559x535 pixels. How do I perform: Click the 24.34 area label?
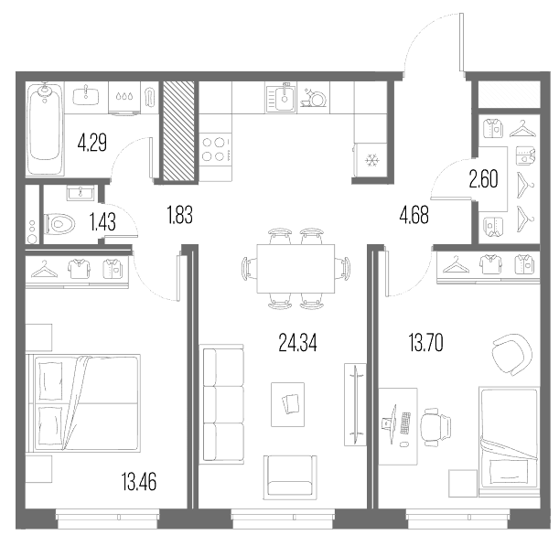(297, 343)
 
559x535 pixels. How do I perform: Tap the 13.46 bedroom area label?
(139, 482)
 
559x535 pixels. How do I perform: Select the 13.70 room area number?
(426, 343)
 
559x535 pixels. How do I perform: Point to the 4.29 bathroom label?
(92, 143)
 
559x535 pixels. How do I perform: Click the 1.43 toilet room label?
(102, 221)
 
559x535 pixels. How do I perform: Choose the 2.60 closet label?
(483, 179)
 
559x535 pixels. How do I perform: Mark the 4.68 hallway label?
(414, 216)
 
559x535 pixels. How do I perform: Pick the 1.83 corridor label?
(179, 215)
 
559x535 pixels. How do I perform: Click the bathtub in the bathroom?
(44, 128)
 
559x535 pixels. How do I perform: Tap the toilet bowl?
(59, 224)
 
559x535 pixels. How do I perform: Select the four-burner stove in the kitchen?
(215, 149)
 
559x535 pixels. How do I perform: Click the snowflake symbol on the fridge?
(372, 160)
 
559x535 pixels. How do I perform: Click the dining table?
(296, 268)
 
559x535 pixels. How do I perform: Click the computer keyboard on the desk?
(405, 423)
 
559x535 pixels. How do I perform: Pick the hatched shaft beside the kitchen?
(179, 131)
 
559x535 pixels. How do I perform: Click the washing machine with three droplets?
(124, 98)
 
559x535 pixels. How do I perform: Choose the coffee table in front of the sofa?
(287, 404)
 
